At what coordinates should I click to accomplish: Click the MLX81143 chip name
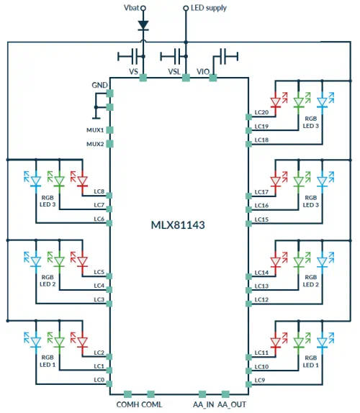[178, 225]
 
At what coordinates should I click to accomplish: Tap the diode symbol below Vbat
[143, 25]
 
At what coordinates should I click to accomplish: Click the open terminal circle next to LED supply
[186, 8]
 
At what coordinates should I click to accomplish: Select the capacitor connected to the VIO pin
[226, 56]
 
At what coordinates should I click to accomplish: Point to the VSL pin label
[174, 72]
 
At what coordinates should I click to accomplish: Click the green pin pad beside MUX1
[110, 130]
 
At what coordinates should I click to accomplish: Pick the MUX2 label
[95, 144]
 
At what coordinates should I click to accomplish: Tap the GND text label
[99, 85]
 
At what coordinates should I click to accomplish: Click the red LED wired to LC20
[276, 102]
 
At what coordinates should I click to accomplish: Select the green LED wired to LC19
[299, 102]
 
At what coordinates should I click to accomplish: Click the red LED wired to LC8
[83, 181]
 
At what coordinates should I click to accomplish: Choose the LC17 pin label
[261, 192]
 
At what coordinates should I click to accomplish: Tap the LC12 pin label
[261, 300]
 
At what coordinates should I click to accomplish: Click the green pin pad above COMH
[127, 394]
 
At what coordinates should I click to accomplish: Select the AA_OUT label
[232, 404]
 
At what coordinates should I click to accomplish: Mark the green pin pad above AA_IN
[202, 394]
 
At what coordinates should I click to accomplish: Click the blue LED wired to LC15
[322, 181]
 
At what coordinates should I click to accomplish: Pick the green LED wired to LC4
[59, 261]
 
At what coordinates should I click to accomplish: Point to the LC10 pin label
[261, 367]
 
